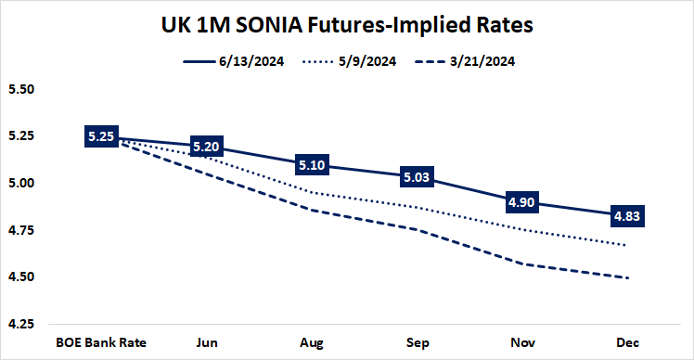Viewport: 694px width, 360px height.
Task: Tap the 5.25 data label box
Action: [x=100, y=136]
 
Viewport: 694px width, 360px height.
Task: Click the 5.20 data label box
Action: [x=206, y=147]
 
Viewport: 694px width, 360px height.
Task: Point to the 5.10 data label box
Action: [x=312, y=165]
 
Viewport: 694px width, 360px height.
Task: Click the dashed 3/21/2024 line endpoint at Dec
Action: [x=629, y=277]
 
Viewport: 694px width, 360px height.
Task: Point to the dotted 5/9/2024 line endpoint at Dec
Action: [x=629, y=245]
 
